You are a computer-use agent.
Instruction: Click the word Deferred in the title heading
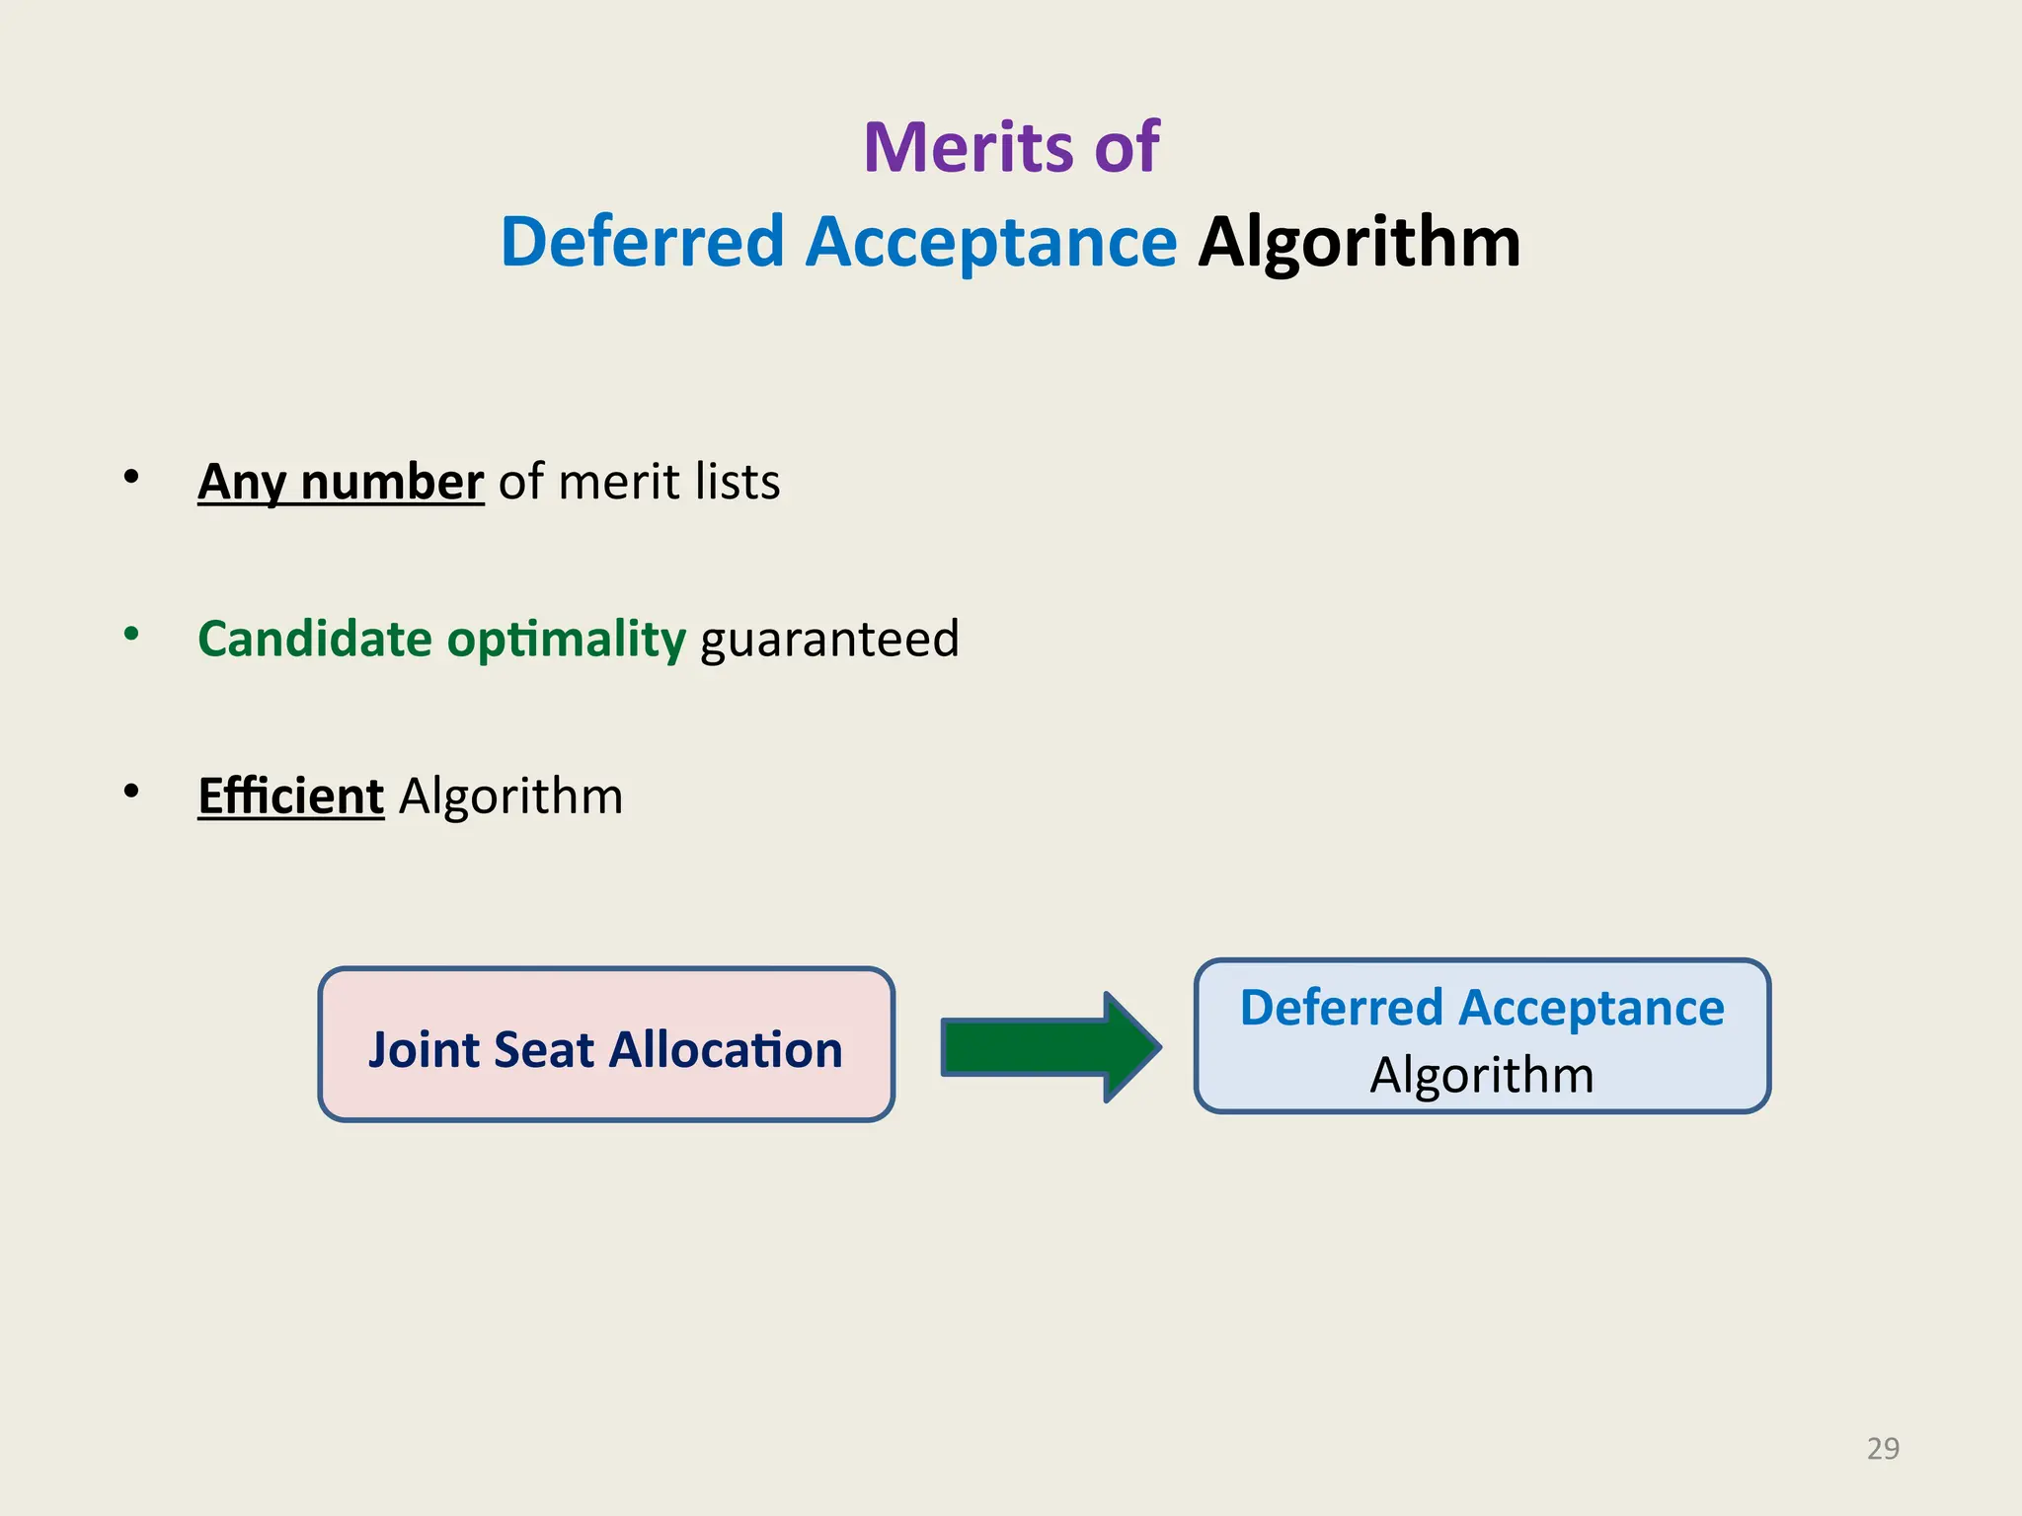642,242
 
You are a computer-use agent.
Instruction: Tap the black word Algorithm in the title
1359,242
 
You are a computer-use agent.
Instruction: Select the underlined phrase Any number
341,483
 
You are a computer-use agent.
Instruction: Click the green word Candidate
315,639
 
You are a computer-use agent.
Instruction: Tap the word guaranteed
829,639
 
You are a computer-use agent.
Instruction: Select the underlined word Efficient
290,796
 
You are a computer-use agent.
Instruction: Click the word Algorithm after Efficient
510,796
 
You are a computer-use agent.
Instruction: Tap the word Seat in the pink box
544,1049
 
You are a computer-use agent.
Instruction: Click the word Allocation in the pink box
726,1049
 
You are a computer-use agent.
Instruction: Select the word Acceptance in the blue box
1591,1009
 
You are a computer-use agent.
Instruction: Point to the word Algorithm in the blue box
1482,1075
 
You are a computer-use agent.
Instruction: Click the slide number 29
1883,1448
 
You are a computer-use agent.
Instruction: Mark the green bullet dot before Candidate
131,635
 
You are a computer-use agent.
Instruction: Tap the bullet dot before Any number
131,478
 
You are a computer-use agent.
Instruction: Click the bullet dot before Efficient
131,792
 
